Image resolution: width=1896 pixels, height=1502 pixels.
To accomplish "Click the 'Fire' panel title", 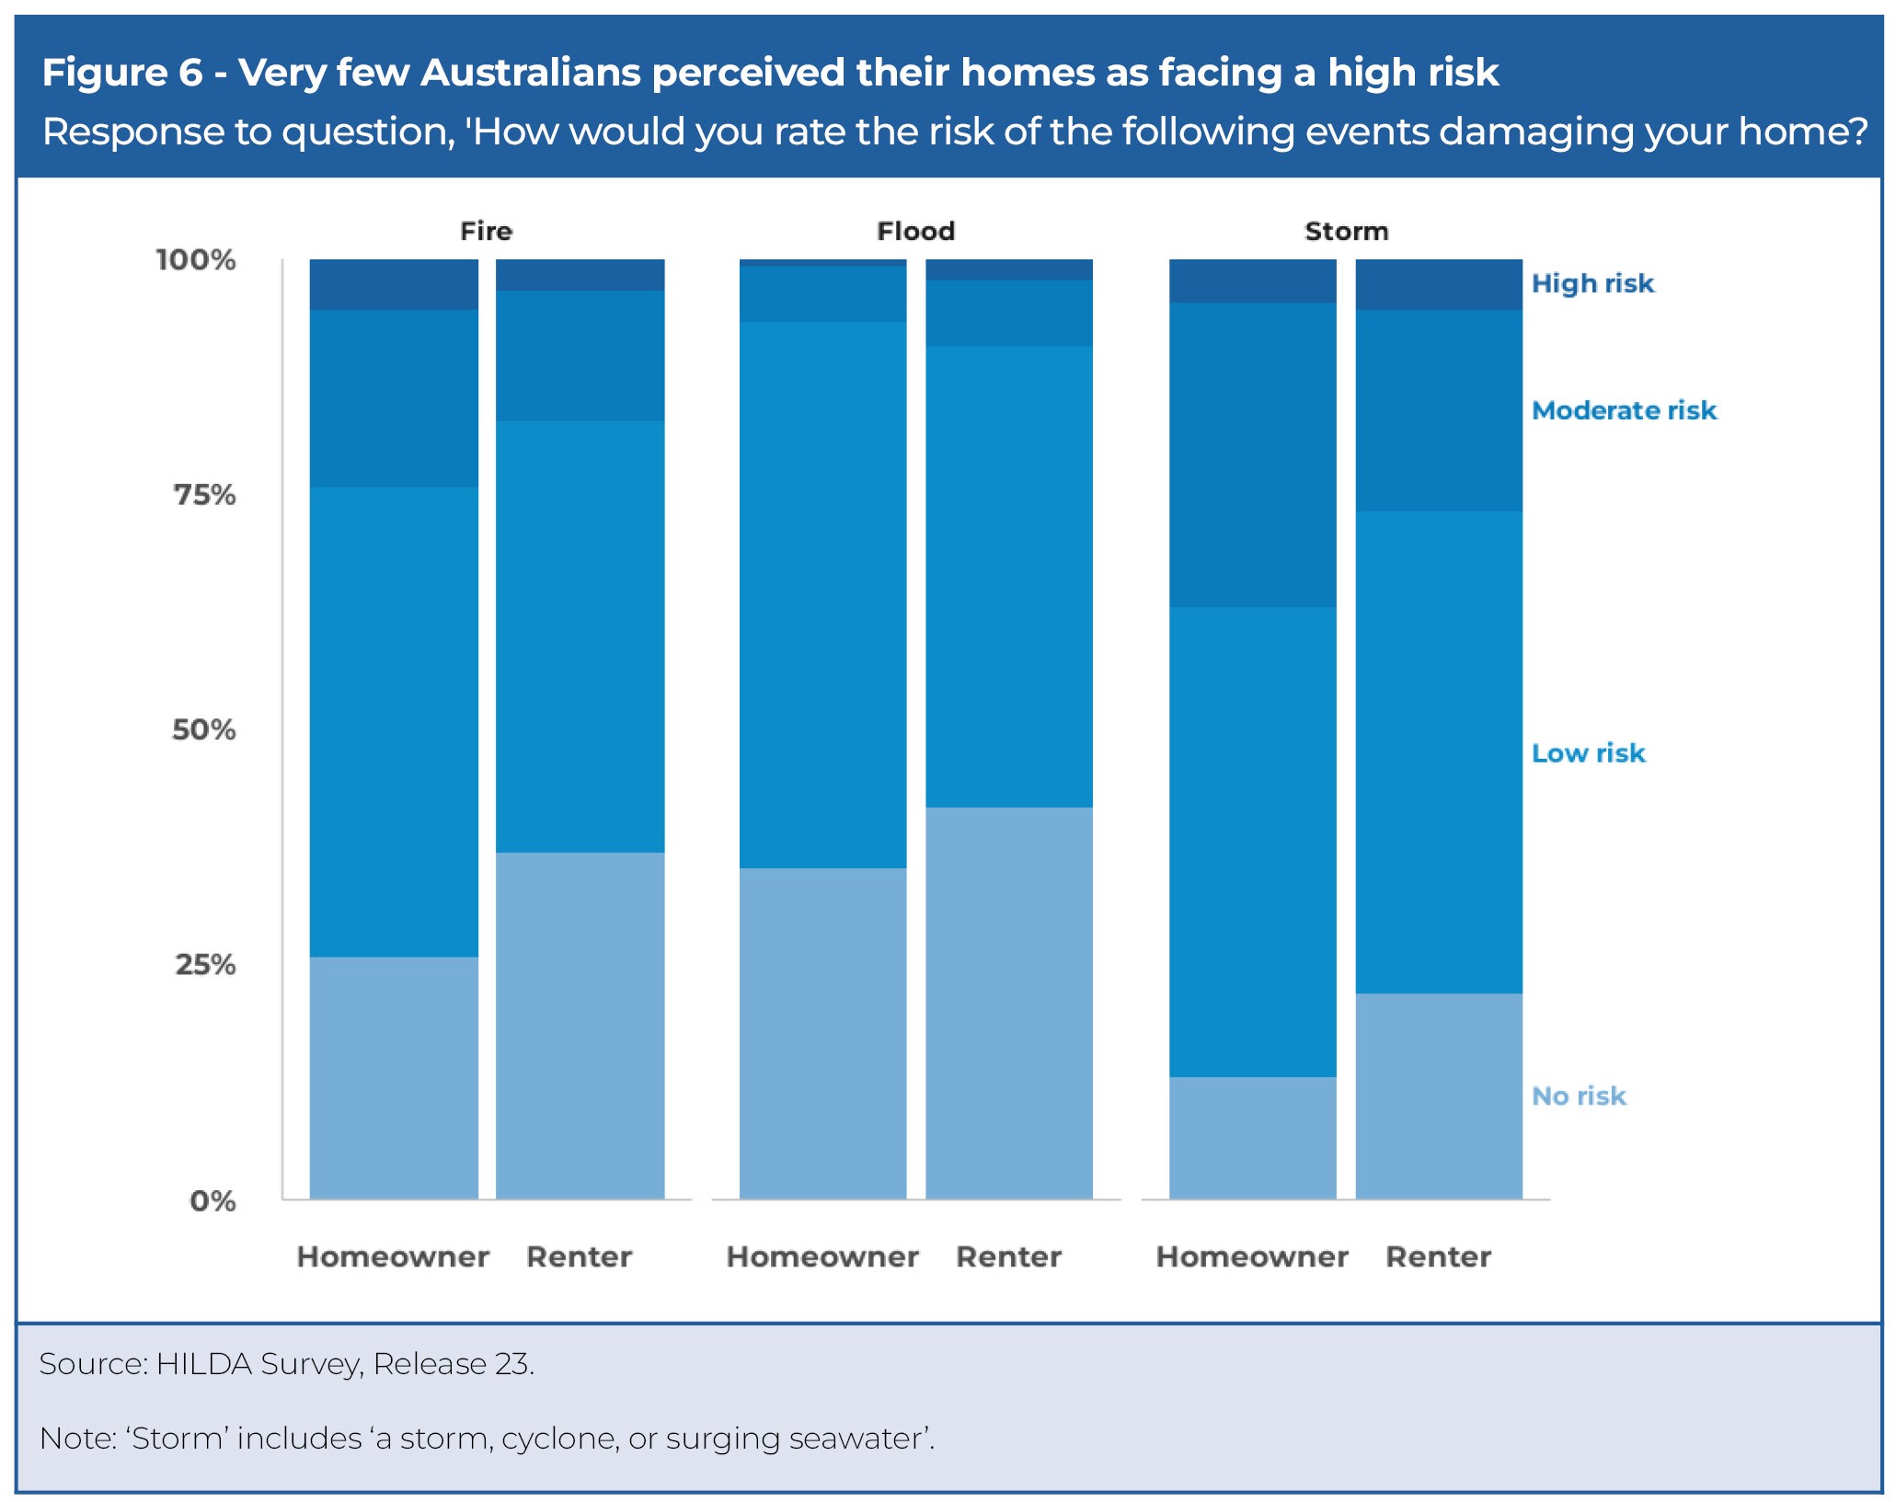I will pyautogui.click(x=486, y=231).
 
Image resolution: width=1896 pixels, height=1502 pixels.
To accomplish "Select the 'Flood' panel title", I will pyautogui.click(x=915, y=231).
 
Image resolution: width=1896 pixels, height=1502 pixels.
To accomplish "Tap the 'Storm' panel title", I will pyautogui.click(x=1346, y=231).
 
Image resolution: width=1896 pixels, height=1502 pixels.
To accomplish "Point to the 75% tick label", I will pyautogui.click(x=205, y=495).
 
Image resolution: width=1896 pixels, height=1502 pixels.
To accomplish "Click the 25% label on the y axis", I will pyautogui.click(x=205, y=965).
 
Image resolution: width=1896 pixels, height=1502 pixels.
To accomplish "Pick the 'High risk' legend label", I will pyautogui.click(x=1592, y=283).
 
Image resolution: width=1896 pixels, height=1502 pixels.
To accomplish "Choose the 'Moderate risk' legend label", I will pyautogui.click(x=1624, y=410).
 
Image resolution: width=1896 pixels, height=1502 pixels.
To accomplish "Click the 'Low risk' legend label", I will pyautogui.click(x=1588, y=753).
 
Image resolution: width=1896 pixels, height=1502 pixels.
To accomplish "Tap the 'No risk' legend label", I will pyautogui.click(x=1579, y=1096).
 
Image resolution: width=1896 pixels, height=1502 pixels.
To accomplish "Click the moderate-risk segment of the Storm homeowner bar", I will pyautogui.click(x=1252, y=454).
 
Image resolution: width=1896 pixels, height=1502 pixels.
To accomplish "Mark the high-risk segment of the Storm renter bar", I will pyautogui.click(x=1439, y=284).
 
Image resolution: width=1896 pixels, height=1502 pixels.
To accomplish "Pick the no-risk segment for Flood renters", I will pyautogui.click(x=1009, y=1003).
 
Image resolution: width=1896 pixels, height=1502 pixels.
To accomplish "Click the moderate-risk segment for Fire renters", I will pyautogui.click(x=580, y=356).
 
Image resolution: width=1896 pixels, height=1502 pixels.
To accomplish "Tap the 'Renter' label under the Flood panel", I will pyautogui.click(x=1009, y=1257).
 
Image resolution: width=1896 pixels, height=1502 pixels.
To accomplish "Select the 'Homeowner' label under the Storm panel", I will pyautogui.click(x=1252, y=1257).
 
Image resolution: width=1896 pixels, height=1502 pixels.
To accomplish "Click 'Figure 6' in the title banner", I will pyautogui.click(x=121, y=73).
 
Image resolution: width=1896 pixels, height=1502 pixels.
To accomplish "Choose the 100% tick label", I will pyautogui.click(x=196, y=260).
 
